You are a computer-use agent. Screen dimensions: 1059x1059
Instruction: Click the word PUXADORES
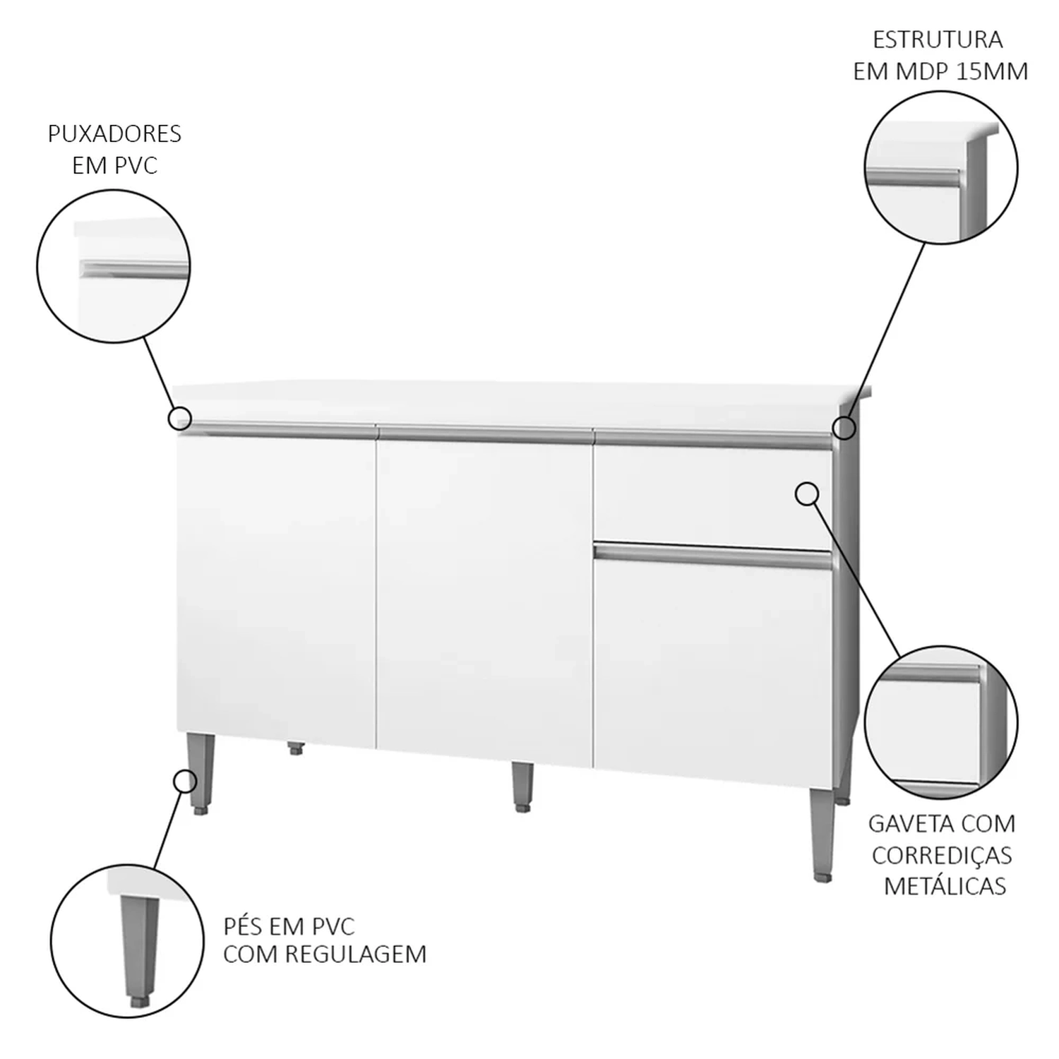click(114, 133)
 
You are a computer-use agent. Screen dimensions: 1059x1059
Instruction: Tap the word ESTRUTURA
click(938, 40)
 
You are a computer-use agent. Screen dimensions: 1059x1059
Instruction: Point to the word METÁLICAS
click(945, 885)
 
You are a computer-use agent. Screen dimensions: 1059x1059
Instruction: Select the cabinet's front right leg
click(821, 834)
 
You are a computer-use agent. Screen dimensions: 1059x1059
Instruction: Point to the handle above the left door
click(277, 430)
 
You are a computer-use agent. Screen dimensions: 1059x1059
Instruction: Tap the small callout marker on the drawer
click(807, 494)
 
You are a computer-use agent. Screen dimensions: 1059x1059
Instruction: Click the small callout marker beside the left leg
click(185, 781)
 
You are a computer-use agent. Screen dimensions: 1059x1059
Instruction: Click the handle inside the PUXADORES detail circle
click(135, 269)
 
